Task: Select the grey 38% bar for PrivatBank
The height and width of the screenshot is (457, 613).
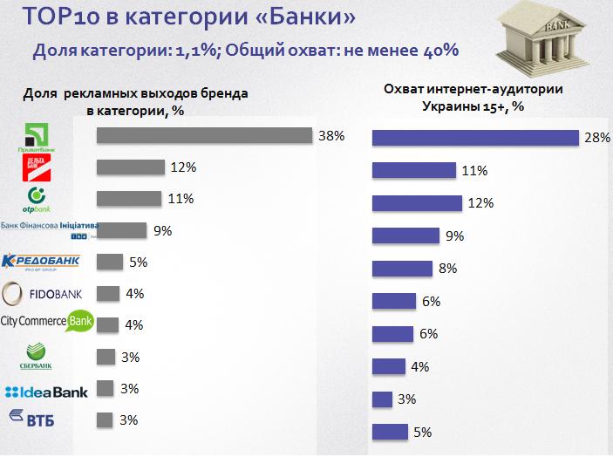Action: [x=204, y=136]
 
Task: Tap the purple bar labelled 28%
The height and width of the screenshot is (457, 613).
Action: [x=476, y=139]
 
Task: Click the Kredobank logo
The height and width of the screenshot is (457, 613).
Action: [x=42, y=261]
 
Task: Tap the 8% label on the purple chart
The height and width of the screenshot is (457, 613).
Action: [x=448, y=269]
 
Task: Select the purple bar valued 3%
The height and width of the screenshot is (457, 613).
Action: [x=381, y=399]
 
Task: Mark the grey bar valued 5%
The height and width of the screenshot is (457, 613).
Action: [x=109, y=262]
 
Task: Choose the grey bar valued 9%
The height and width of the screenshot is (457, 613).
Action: [x=121, y=230]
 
